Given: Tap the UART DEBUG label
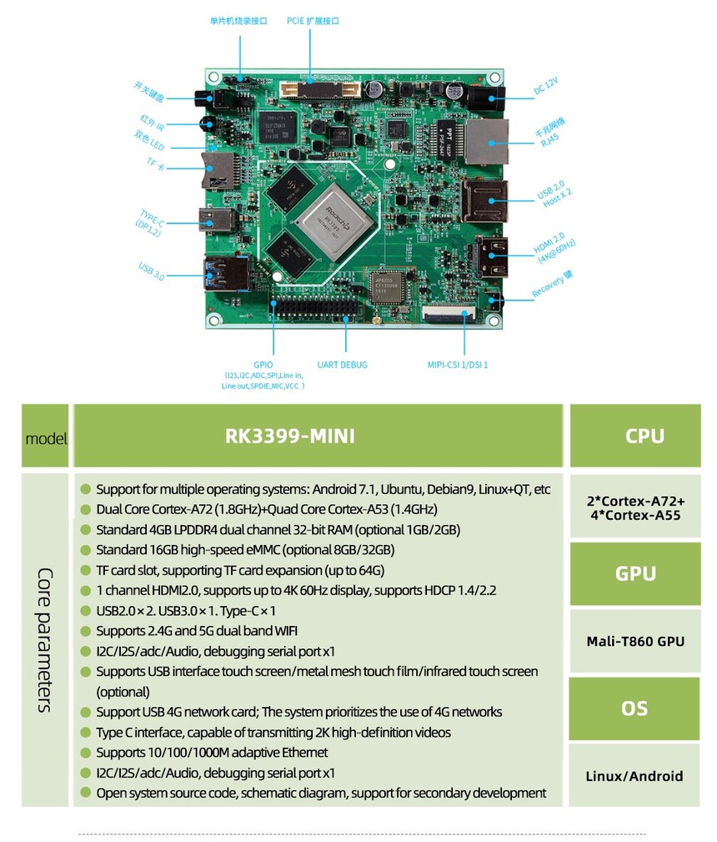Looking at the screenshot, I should click(342, 365).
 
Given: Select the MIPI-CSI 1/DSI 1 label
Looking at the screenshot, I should click(458, 365).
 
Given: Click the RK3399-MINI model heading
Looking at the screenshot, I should click(290, 436).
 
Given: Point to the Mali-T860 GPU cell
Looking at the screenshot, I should click(634, 641).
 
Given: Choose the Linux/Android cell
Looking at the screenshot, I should click(634, 776).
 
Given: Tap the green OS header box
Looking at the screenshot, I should click(634, 708).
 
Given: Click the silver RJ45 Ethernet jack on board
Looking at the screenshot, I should click(486, 141).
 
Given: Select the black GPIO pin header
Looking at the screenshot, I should click(315, 308).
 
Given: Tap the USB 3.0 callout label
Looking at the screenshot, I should click(151, 270).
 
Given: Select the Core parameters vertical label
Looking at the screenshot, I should click(47, 639).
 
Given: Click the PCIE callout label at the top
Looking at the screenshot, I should click(313, 21).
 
